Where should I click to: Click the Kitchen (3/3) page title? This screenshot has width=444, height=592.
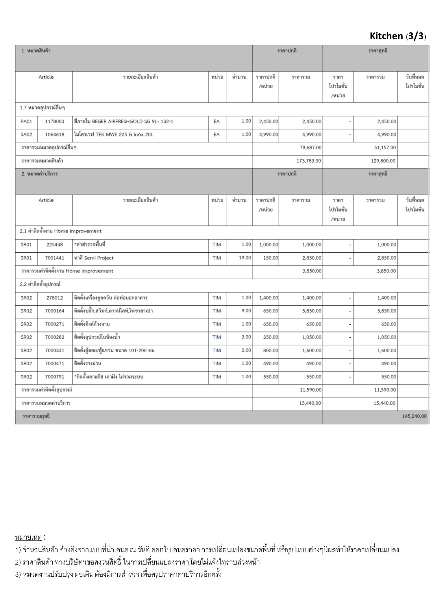[398, 36]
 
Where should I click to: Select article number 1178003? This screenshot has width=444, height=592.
[55, 121]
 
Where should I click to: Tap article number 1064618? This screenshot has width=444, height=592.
[55, 134]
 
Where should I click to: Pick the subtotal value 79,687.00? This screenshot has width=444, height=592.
[310, 148]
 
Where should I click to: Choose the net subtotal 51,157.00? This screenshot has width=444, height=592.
[385, 148]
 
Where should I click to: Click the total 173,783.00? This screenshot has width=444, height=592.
[309, 161]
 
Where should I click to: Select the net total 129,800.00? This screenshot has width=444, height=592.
[383, 161]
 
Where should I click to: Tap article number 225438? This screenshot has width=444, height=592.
[55, 245]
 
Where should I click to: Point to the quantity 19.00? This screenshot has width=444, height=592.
[245, 258]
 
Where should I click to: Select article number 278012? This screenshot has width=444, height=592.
[55, 298]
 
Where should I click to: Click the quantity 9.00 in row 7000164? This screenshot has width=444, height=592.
[246, 311]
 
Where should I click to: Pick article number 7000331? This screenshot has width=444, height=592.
[55, 350]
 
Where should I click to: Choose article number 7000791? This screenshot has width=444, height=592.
[55, 377]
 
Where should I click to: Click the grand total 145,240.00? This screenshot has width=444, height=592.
[414, 416]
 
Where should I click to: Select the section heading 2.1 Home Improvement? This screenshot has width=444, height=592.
[61, 231]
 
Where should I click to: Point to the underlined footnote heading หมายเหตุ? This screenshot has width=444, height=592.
[28, 538]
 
